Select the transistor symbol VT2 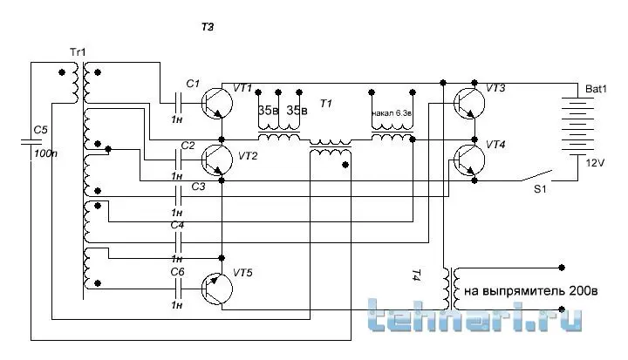pos(219,160)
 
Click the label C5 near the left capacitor pos(39,130)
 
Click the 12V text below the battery pos(595,163)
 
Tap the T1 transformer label pos(326,105)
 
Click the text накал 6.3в pos(391,112)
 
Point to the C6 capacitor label pos(177,271)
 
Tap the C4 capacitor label pos(177,226)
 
